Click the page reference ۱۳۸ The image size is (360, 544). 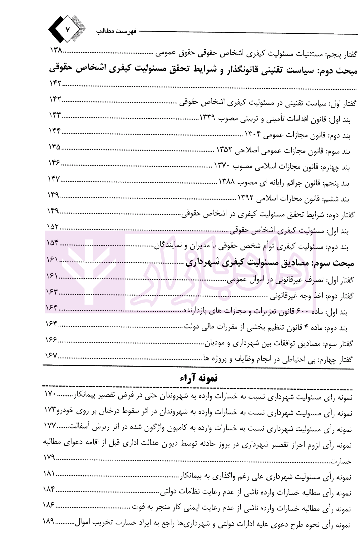click(57, 51)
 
